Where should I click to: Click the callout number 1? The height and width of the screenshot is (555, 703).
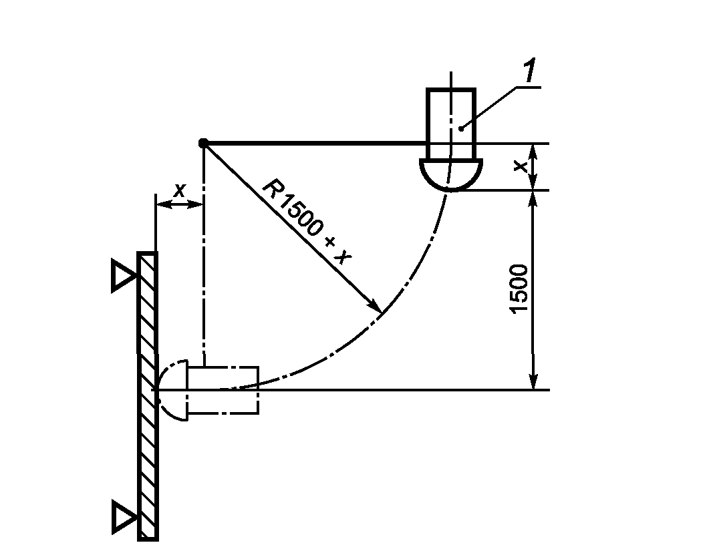(x=531, y=71)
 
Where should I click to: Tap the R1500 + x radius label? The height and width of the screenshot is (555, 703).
(x=307, y=222)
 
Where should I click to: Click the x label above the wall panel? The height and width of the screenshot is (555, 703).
(x=179, y=191)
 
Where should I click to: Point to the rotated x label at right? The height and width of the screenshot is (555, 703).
(x=520, y=167)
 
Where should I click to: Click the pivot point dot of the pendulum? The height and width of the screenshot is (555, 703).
(x=203, y=143)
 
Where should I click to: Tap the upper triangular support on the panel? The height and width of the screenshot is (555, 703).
(x=124, y=275)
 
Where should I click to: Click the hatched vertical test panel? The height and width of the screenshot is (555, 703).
(x=148, y=397)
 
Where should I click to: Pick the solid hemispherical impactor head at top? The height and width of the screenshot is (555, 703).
(x=451, y=175)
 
